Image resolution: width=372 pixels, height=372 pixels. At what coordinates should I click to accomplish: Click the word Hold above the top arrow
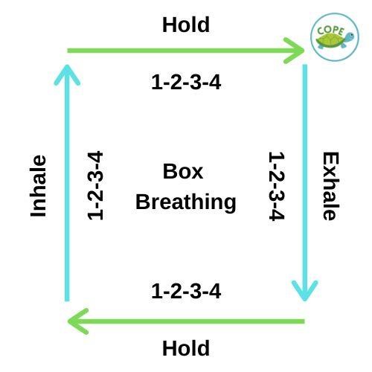pyautogui.click(x=186, y=25)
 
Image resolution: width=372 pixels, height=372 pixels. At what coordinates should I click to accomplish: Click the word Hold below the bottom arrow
pyautogui.click(x=186, y=348)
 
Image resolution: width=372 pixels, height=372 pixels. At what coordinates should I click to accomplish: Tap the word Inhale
pyautogui.click(x=38, y=186)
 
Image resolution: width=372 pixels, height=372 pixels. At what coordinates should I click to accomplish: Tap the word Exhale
pyautogui.click(x=330, y=186)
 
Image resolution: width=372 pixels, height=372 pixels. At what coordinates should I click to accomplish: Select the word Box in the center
pyautogui.click(x=183, y=171)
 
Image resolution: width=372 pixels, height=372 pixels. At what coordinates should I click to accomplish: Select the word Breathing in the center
pyautogui.click(x=186, y=202)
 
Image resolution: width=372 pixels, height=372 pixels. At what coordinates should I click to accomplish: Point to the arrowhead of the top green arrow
pyautogui.click(x=295, y=51)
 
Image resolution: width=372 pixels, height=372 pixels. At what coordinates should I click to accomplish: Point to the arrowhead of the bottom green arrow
pyautogui.click(x=77, y=321)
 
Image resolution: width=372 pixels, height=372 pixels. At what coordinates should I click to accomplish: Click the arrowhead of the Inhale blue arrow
pyautogui.click(x=67, y=74)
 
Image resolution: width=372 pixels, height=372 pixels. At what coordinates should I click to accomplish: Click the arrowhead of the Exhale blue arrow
pyautogui.click(x=305, y=292)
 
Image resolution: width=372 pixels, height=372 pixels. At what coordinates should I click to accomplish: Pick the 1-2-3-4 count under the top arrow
pyautogui.click(x=186, y=83)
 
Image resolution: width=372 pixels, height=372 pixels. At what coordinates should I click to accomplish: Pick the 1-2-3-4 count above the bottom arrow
pyautogui.click(x=186, y=291)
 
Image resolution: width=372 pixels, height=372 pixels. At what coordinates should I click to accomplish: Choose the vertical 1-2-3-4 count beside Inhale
pyautogui.click(x=95, y=185)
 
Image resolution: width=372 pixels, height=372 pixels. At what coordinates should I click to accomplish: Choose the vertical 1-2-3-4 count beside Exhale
pyautogui.click(x=277, y=186)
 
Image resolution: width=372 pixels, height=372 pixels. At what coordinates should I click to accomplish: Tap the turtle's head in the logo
pyautogui.click(x=350, y=37)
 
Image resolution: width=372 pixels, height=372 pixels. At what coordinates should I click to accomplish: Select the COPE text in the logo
pyautogui.click(x=330, y=31)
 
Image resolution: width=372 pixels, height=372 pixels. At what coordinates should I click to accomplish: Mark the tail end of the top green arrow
pyautogui.click(x=68, y=51)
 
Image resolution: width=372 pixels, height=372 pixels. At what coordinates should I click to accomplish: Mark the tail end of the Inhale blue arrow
pyautogui.click(x=67, y=301)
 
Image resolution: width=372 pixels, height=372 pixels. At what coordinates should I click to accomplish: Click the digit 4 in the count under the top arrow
pyautogui.click(x=215, y=83)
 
